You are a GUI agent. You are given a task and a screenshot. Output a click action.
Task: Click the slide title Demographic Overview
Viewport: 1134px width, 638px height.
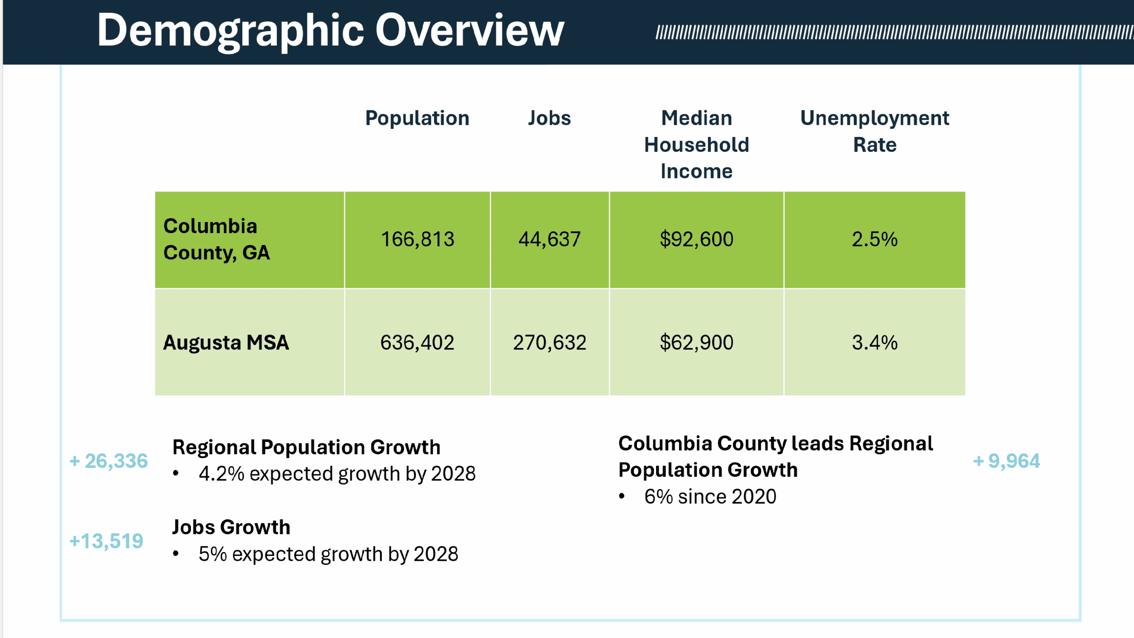(x=330, y=31)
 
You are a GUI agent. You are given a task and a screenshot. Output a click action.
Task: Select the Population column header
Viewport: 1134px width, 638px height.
(x=417, y=118)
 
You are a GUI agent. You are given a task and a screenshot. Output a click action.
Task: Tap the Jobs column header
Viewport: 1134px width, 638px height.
(x=549, y=118)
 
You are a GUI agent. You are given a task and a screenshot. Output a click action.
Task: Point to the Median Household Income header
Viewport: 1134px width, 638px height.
(x=696, y=144)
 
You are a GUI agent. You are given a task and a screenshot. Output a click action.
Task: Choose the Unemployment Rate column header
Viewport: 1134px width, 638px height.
(x=874, y=131)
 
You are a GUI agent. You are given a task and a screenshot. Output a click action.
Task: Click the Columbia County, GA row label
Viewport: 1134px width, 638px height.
(x=217, y=239)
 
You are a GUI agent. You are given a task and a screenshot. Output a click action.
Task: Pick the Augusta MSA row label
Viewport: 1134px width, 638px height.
(x=226, y=342)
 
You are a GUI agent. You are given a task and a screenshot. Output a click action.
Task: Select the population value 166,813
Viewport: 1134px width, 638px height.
(x=417, y=239)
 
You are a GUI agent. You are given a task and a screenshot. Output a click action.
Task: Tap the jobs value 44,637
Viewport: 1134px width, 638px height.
(x=549, y=239)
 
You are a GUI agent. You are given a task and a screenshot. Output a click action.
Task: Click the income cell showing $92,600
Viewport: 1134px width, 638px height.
(x=696, y=239)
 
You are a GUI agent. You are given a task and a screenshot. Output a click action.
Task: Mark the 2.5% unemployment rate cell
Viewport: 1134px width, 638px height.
(x=874, y=239)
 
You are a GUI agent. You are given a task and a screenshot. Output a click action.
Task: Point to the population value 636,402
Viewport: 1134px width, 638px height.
(x=417, y=342)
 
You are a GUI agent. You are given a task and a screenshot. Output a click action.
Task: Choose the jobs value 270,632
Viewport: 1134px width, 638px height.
(x=549, y=342)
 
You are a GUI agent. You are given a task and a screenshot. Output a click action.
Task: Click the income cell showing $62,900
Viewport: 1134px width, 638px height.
(x=696, y=342)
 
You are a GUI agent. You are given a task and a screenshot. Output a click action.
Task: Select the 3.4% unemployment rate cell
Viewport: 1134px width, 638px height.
(x=874, y=342)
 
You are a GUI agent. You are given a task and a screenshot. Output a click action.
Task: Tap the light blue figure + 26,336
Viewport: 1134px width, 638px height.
(x=109, y=461)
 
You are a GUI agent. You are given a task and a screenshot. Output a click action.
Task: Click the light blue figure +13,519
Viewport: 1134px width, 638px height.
(x=106, y=541)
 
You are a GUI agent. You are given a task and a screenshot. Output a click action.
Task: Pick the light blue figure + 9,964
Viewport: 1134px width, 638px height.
(x=1006, y=461)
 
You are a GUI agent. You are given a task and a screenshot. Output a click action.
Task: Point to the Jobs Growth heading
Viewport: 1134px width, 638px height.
(x=231, y=527)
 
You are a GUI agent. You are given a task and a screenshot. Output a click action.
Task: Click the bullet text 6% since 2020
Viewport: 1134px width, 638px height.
(x=710, y=497)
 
